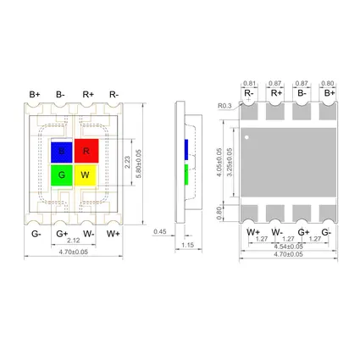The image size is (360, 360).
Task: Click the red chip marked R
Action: [86, 151]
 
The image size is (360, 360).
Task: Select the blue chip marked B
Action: [62, 152]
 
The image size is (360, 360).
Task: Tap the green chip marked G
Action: [62, 175]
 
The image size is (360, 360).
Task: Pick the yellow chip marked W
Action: [86, 175]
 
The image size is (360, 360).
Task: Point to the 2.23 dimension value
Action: [127, 162]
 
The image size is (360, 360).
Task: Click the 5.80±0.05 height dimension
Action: [139, 163]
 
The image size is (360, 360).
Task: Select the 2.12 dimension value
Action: [74, 241]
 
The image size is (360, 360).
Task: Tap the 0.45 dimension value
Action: [160, 232]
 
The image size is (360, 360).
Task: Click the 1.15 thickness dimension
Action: [188, 245]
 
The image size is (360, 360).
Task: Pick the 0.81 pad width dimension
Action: [249, 83]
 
